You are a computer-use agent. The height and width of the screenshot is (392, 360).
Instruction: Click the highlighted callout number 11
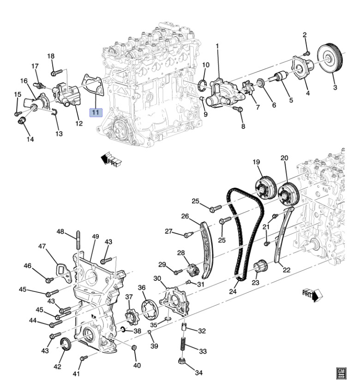click(x=95, y=112)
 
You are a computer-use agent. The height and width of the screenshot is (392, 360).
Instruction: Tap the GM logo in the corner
click(x=342, y=373)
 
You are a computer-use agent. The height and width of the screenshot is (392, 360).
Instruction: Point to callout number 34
click(x=198, y=373)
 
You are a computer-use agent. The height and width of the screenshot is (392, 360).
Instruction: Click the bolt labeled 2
click(x=307, y=53)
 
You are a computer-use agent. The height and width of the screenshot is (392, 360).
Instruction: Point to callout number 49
click(x=96, y=237)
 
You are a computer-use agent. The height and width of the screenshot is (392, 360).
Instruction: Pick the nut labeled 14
click(x=21, y=121)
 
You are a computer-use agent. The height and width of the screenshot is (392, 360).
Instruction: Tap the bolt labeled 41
click(x=83, y=358)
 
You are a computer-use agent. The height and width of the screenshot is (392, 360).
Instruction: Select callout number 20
click(x=284, y=158)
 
